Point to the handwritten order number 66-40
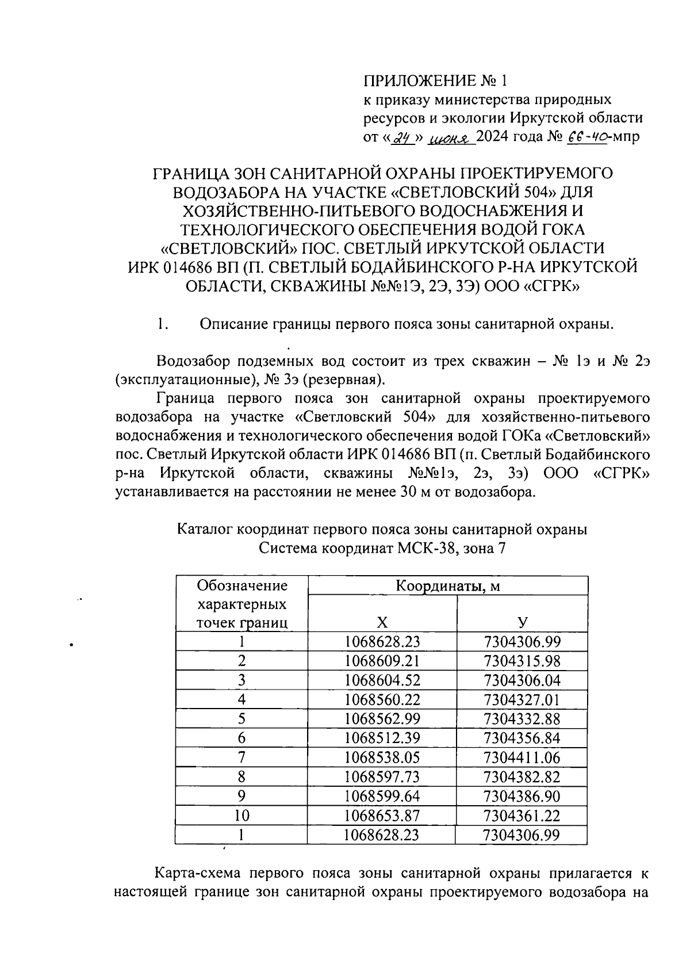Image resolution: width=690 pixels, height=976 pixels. (x=588, y=137)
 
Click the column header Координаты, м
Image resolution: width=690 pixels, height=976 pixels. (x=448, y=586)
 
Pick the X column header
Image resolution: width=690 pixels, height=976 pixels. (x=382, y=622)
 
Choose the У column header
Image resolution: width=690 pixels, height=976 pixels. (x=522, y=622)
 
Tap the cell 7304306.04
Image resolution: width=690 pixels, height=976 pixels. (x=522, y=680)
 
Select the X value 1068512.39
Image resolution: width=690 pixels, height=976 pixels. (x=382, y=738)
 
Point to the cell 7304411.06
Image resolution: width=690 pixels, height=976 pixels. (x=522, y=758)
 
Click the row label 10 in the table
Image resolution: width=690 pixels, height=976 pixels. (x=242, y=816)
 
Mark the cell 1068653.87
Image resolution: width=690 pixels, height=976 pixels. (x=382, y=816)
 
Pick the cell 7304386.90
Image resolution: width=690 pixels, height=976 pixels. (x=522, y=797)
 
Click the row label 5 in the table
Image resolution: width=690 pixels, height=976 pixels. (x=242, y=719)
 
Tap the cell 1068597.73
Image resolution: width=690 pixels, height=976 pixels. (x=382, y=777)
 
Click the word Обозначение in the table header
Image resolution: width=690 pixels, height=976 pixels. (x=242, y=586)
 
